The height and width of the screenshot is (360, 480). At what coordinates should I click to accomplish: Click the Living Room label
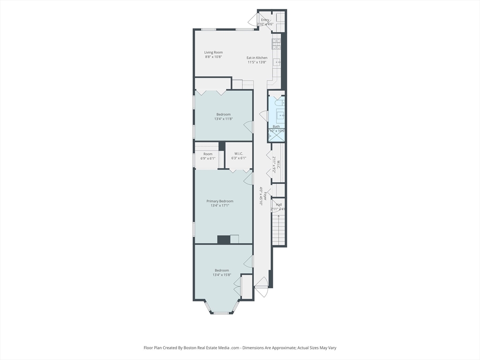click(x=213, y=52)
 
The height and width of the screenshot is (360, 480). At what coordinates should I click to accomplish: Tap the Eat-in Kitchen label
click(x=257, y=58)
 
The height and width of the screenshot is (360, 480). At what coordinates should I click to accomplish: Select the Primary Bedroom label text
click(x=220, y=201)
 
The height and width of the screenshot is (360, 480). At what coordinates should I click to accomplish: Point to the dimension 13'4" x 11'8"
click(x=224, y=119)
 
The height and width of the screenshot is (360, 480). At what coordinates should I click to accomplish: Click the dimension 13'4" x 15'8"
click(x=222, y=275)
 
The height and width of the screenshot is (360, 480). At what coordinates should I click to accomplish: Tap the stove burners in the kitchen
click(x=276, y=44)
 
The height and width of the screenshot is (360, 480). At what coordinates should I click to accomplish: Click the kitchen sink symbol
click(x=277, y=62)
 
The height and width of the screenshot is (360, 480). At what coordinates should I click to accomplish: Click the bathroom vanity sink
click(x=280, y=114)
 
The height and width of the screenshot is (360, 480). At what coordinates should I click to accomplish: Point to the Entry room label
click(x=265, y=20)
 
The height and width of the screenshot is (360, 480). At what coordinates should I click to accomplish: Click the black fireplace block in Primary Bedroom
click(x=224, y=240)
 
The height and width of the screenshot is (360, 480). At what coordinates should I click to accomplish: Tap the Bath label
click(x=277, y=127)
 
